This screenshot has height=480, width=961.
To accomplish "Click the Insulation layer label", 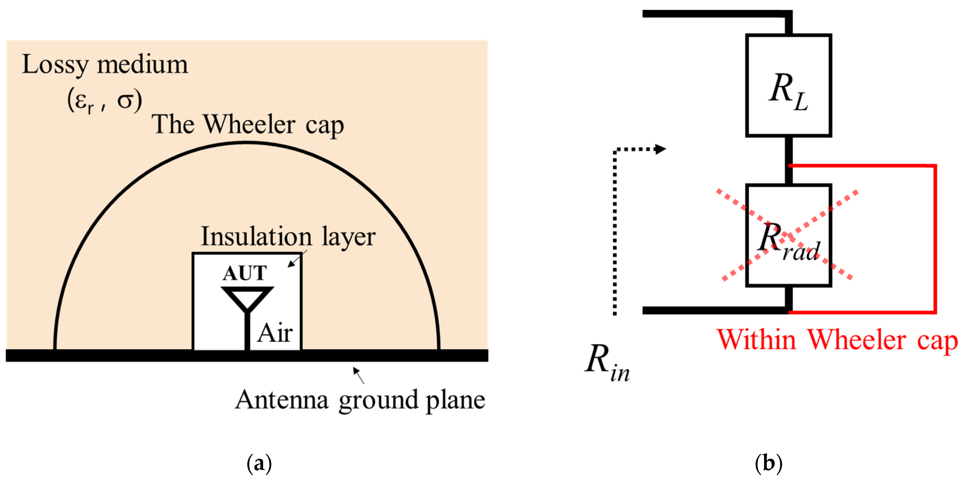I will click(288, 237).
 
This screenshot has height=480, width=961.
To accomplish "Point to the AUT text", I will click(245, 273).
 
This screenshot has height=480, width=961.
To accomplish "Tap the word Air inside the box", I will click(275, 333).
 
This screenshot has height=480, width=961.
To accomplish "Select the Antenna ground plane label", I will click(360, 400).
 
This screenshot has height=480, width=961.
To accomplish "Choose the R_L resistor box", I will click(788, 86).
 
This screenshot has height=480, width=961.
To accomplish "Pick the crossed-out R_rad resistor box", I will click(788, 236).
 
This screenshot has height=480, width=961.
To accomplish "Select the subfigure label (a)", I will click(259, 463).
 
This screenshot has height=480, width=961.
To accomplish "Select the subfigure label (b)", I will click(768, 463).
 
